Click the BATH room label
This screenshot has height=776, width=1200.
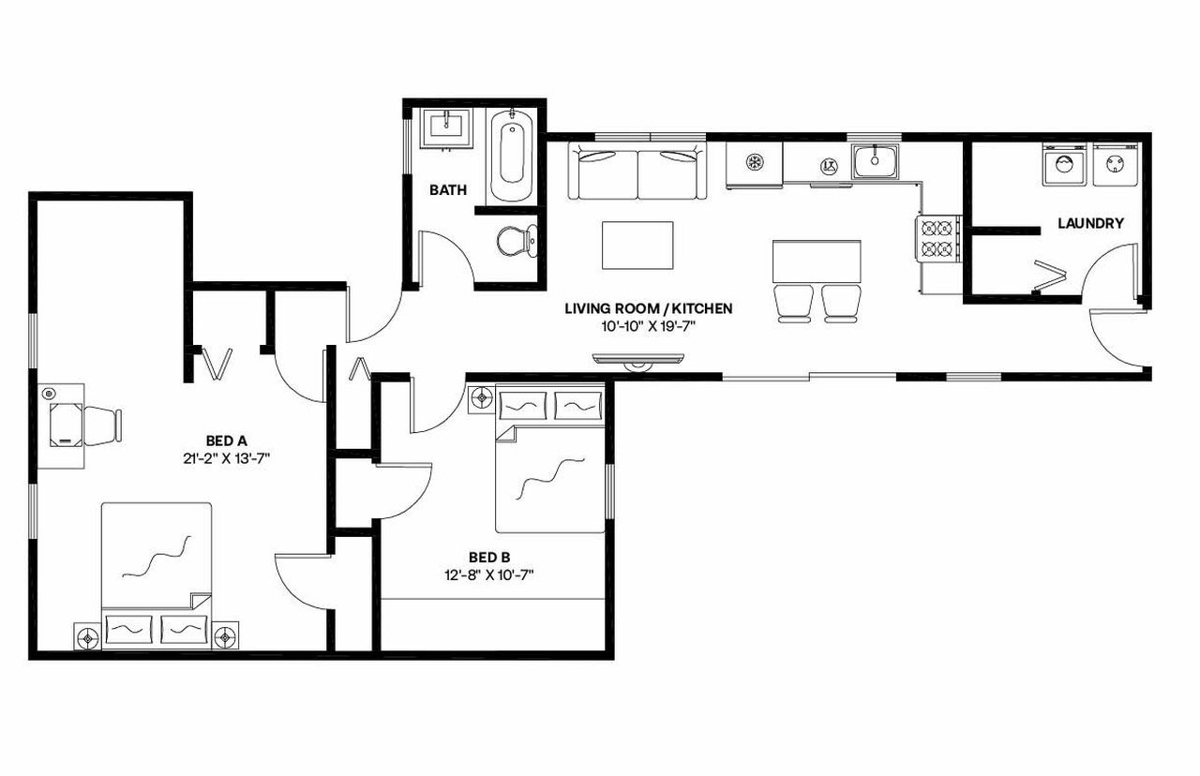point(448,190)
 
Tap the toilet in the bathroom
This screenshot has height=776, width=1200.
point(515,242)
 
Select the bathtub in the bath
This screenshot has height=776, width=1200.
point(511,155)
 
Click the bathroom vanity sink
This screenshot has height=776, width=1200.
point(446,127)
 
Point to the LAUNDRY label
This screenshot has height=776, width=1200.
point(1090,223)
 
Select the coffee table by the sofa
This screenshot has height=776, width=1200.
point(637,244)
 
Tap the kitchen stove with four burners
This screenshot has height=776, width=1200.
point(938,237)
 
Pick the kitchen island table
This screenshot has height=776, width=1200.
point(816,261)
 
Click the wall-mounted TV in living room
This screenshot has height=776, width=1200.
point(639,358)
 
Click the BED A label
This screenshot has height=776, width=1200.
point(227,440)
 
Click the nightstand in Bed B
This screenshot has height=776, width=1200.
point(482,397)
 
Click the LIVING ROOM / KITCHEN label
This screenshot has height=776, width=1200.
point(648,307)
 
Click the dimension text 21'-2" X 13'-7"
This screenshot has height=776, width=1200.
point(227,458)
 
